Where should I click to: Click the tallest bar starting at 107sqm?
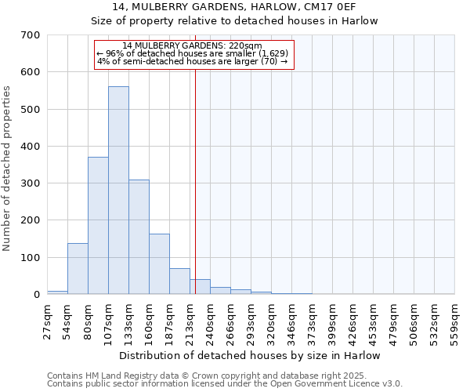pyautogui.click(x=118, y=191)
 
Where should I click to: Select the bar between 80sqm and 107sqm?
pyautogui.click(x=98, y=226)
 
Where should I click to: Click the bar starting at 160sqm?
pyautogui.click(x=159, y=264)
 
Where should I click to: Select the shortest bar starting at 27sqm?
pyautogui.click(x=57, y=292)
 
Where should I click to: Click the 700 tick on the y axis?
pyautogui.click(x=31, y=35)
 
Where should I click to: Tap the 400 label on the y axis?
pyautogui.click(x=31, y=147)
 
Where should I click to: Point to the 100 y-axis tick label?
pyautogui.click(x=31, y=258)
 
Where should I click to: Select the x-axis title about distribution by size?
pyautogui.click(x=250, y=355)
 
